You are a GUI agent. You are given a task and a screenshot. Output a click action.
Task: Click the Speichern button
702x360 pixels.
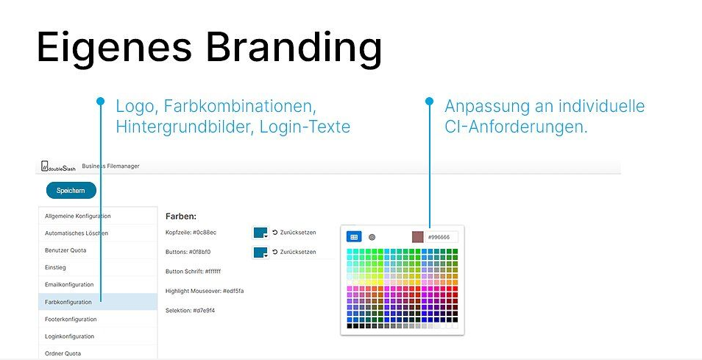click(x=71, y=190)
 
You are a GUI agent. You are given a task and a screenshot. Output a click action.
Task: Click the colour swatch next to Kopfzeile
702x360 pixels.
click(x=260, y=233)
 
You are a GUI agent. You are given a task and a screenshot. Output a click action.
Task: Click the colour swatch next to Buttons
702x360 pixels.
click(x=260, y=252)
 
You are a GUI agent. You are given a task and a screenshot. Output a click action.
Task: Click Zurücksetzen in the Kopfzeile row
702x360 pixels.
click(x=294, y=233)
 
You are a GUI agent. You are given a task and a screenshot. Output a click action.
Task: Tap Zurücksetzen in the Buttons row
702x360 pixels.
click(x=294, y=252)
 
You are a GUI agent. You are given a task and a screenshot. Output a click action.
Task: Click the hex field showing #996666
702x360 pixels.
click(x=442, y=237)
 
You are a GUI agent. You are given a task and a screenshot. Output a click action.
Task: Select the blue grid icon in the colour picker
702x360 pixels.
click(x=354, y=237)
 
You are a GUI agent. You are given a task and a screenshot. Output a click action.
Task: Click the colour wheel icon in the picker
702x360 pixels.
click(x=372, y=237)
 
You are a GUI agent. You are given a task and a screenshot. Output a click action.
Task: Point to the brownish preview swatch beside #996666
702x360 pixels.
click(x=418, y=237)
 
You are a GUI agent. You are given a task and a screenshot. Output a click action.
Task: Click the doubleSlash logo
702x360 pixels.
click(x=58, y=166)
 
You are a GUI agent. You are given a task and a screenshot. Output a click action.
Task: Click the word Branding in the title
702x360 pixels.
click(x=294, y=48)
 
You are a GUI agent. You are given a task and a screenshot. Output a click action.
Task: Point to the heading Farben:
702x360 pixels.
click(x=181, y=216)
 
